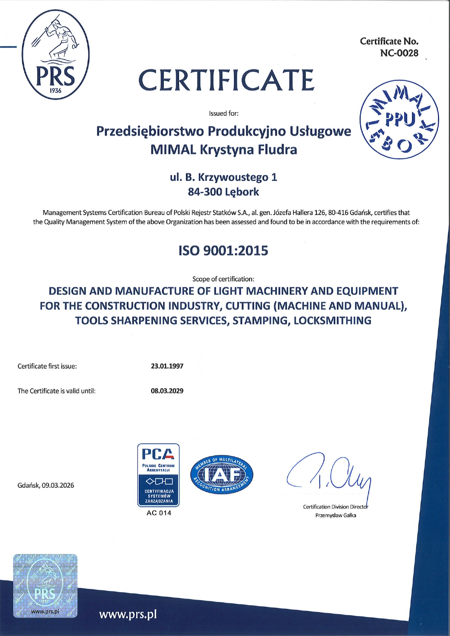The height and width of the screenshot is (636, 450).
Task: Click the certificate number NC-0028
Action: pyautogui.click(x=399, y=53)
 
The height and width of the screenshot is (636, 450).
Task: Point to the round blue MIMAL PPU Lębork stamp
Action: pyautogui.click(x=399, y=120)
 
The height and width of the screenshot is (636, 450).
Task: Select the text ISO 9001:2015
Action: pyautogui.click(x=223, y=250)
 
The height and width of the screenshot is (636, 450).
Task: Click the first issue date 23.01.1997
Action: pyautogui.click(x=167, y=366)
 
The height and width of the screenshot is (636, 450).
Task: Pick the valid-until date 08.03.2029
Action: pyautogui.click(x=167, y=391)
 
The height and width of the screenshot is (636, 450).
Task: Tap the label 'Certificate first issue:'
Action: pyautogui.click(x=47, y=366)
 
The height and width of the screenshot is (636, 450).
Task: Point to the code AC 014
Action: pyautogui.click(x=159, y=513)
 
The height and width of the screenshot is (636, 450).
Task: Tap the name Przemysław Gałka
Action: pyautogui.click(x=336, y=515)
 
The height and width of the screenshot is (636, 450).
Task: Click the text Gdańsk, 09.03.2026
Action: pyautogui.click(x=46, y=485)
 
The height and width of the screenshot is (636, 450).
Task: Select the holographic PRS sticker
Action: pyautogui.click(x=45, y=586)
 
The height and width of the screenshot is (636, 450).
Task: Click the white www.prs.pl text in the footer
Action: pyautogui.click(x=128, y=614)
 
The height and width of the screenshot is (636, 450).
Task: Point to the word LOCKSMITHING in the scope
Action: pyautogui.click(x=332, y=321)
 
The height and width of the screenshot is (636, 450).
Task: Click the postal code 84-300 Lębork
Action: pyautogui.click(x=223, y=192)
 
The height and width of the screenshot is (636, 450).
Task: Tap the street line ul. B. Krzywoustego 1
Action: pyautogui.click(x=223, y=177)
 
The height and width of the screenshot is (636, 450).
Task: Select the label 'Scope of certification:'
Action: pyautogui.click(x=223, y=279)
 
